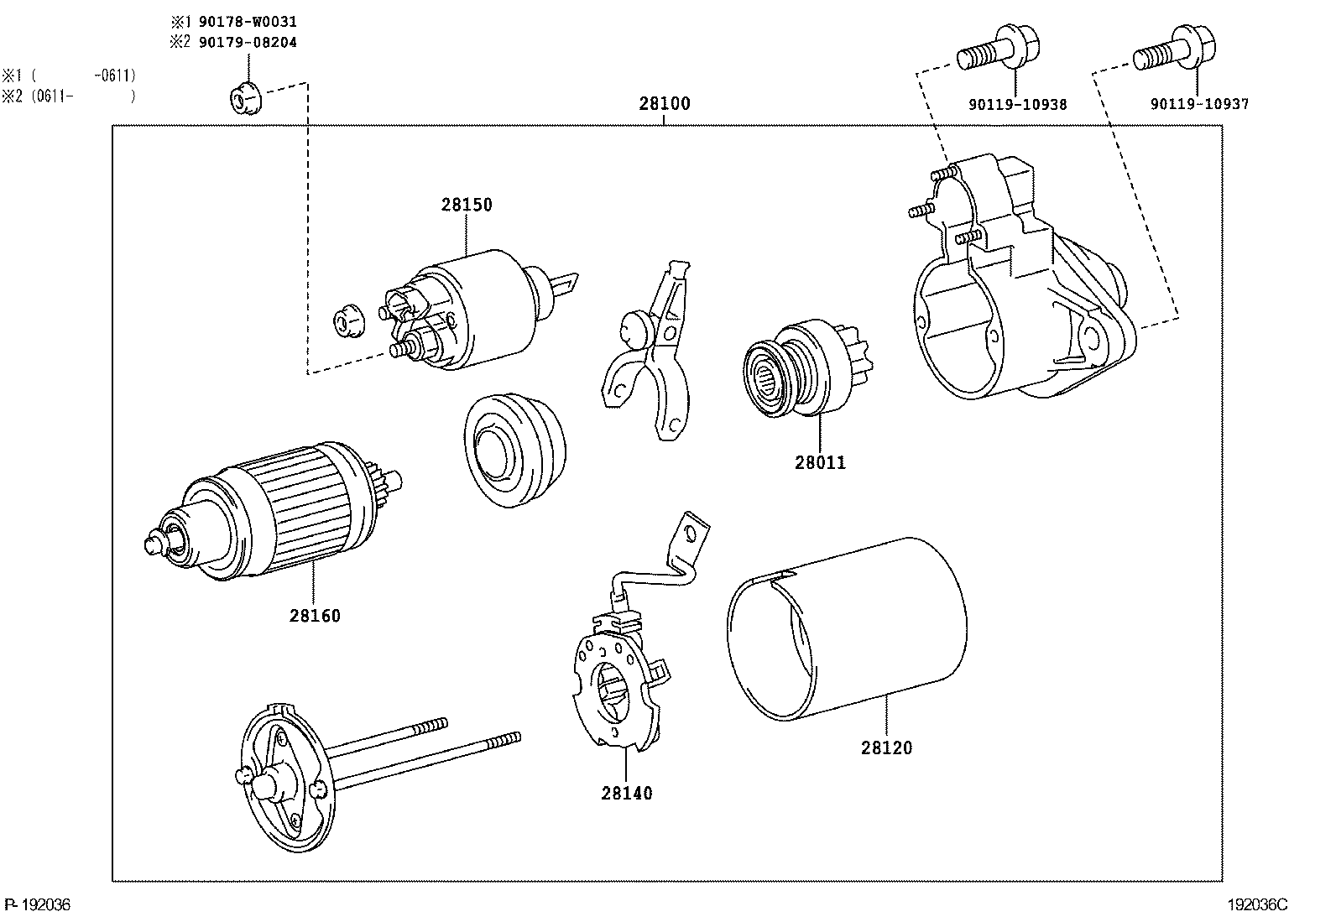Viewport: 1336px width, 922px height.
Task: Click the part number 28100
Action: click(x=665, y=104)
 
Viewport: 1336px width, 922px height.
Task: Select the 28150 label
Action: click(x=467, y=206)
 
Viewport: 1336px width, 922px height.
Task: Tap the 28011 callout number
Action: click(x=820, y=463)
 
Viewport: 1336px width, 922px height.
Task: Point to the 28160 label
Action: click(x=315, y=616)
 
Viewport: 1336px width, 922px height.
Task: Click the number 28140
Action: click(x=627, y=793)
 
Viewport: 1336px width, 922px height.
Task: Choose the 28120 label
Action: click(x=886, y=747)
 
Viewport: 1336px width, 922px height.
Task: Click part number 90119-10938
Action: click(x=1017, y=104)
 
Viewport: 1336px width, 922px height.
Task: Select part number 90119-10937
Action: click(x=1199, y=104)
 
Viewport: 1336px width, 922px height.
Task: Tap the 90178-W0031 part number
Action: click(x=248, y=22)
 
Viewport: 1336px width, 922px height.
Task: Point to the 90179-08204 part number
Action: click(x=248, y=42)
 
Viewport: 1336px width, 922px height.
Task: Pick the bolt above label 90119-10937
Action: click(x=1174, y=48)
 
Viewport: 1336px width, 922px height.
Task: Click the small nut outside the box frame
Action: click(x=246, y=96)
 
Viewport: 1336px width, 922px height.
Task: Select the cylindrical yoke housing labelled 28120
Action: click(x=847, y=628)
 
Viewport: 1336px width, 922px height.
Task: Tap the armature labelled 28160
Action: click(x=274, y=511)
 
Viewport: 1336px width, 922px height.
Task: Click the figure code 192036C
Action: click(x=1258, y=905)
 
